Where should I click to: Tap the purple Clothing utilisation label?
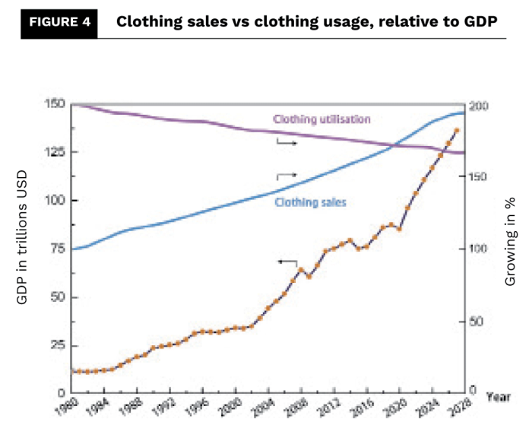[321, 119]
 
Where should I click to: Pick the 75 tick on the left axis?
[55, 249]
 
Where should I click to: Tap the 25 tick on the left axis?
[55, 345]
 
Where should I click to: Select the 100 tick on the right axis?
[477, 249]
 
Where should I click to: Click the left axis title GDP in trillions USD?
[23, 249]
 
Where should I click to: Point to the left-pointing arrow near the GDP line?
[287, 262]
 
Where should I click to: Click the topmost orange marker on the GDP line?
[456, 131]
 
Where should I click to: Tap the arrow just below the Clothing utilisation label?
[286, 142]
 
